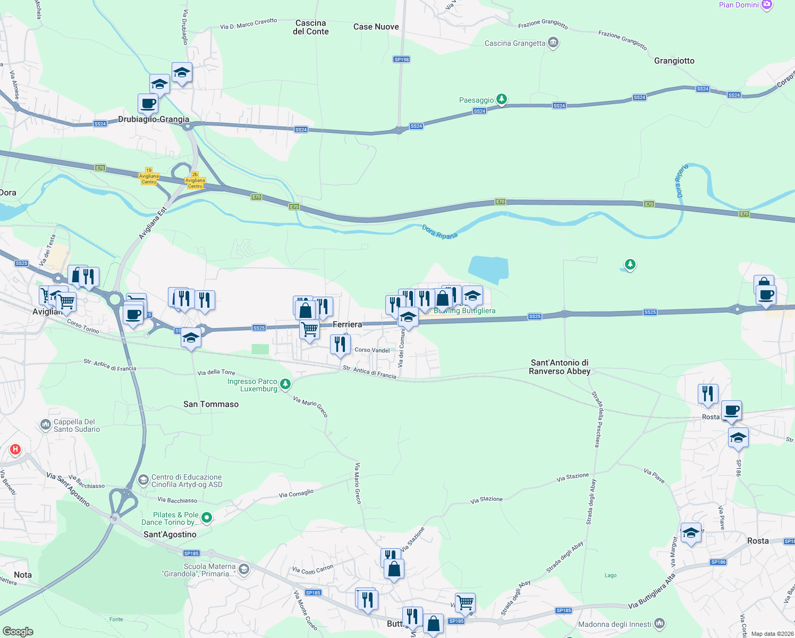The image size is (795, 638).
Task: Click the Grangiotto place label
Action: pyautogui.click(x=674, y=61)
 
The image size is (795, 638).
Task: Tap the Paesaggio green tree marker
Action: pyautogui.click(x=501, y=99)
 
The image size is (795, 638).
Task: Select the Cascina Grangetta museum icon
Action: pyautogui.click(x=553, y=43)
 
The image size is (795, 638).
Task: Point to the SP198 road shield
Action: pyautogui.click(x=402, y=60)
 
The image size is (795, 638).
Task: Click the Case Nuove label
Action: pyautogui.click(x=376, y=27)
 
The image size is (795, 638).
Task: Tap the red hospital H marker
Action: pyautogui.click(x=15, y=449)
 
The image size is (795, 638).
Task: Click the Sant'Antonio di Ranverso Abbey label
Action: pyautogui.click(x=559, y=367)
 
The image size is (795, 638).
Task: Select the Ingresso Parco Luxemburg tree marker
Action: pyautogui.click(x=285, y=383)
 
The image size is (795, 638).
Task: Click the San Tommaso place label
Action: pyautogui.click(x=211, y=404)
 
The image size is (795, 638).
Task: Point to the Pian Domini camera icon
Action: pyautogui.click(x=766, y=5)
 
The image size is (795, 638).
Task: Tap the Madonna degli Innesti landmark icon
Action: pyautogui.click(x=659, y=623)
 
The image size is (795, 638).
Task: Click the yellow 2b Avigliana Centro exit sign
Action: pyautogui.click(x=195, y=180)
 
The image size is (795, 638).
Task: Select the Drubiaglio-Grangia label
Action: pyautogui.click(x=154, y=119)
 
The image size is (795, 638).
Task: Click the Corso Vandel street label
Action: pyautogui.click(x=372, y=350)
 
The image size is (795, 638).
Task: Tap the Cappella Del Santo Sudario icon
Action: pyautogui.click(x=46, y=424)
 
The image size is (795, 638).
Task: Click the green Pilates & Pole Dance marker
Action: pyautogui.click(x=207, y=517)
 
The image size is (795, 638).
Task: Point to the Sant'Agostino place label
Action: pyautogui.click(x=170, y=534)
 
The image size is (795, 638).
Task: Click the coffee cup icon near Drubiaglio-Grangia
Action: pyautogui.click(x=148, y=104)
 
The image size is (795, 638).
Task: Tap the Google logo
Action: pyautogui.click(x=18, y=631)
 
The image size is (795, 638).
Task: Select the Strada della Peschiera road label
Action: pyautogui.click(x=598, y=419)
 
